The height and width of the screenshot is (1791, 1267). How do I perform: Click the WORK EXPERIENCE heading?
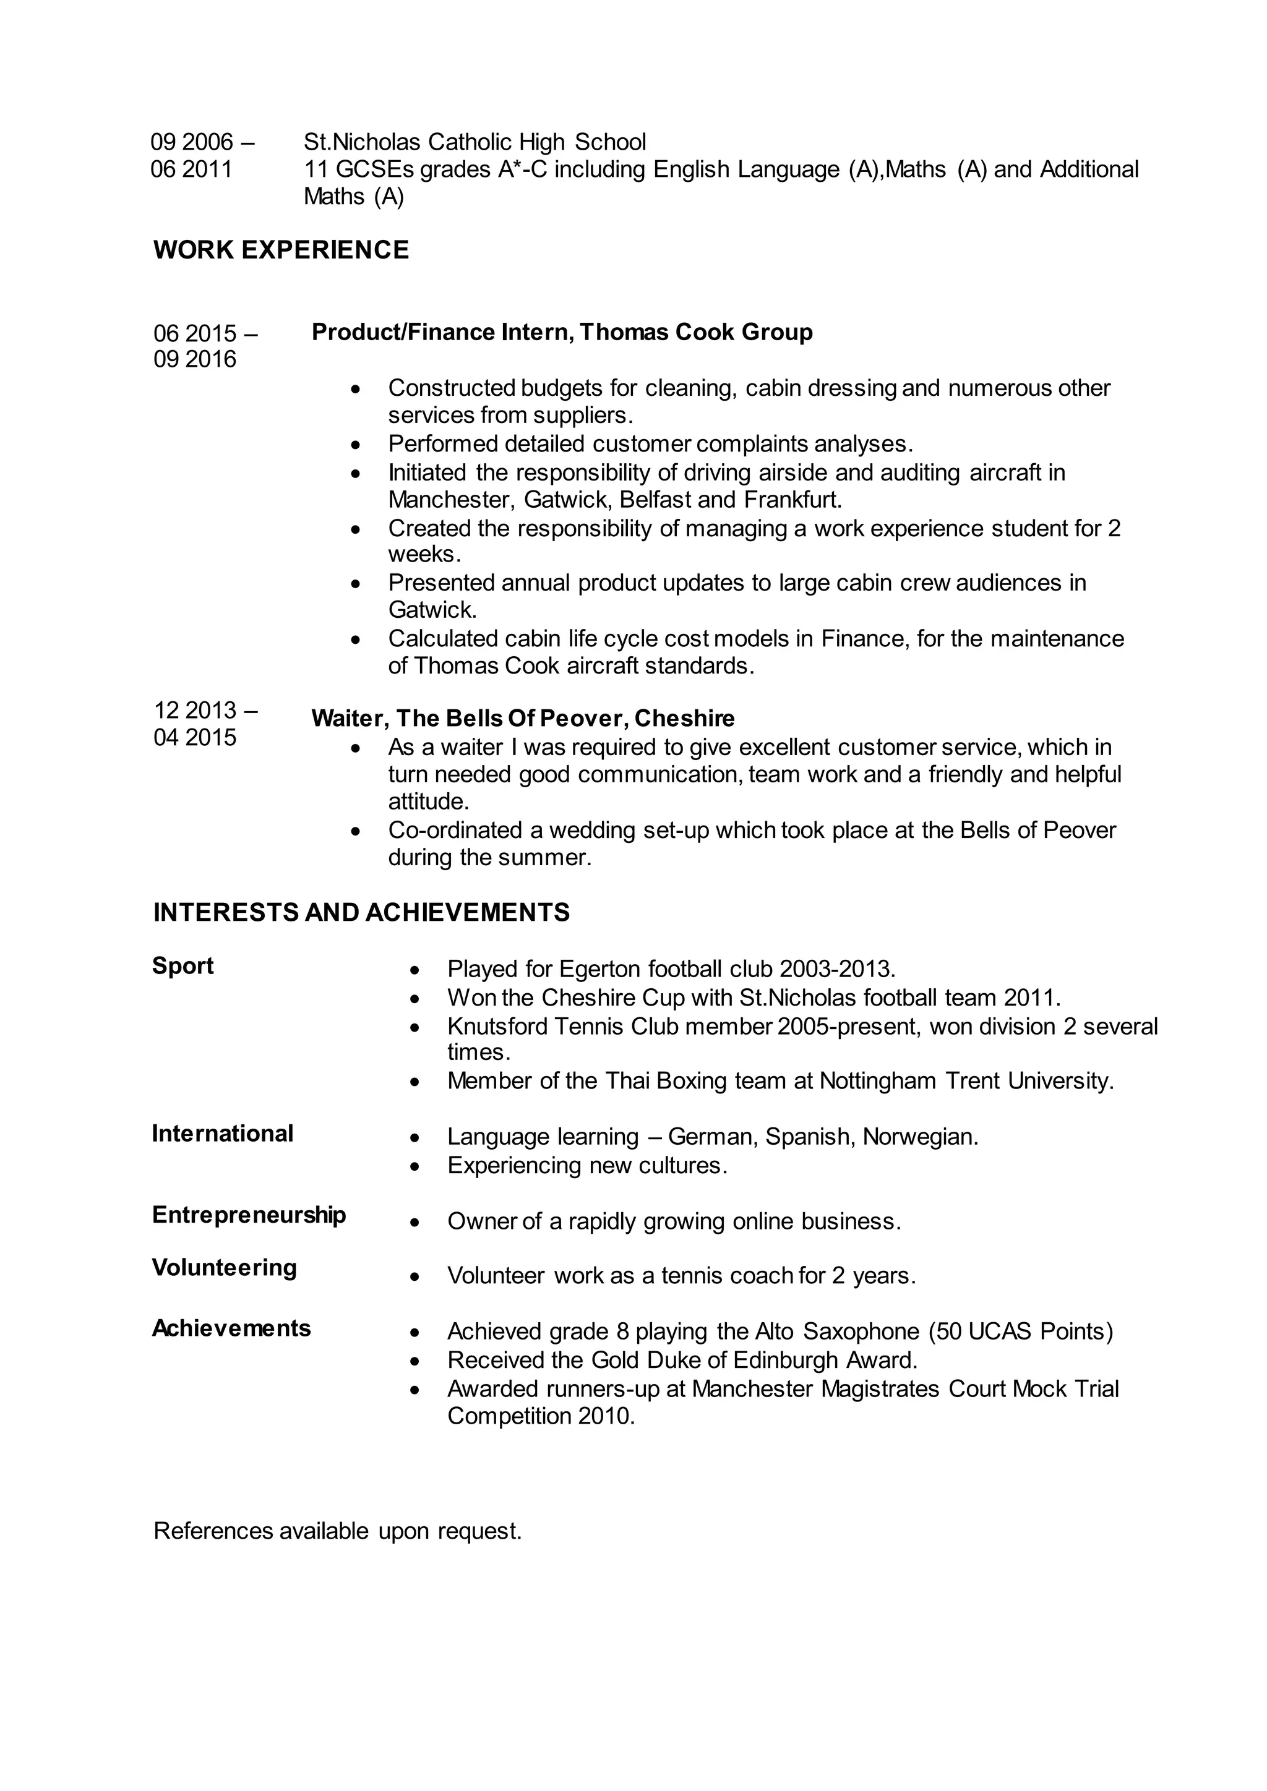click(x=281, y=250)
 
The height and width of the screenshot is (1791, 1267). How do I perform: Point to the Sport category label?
click(x=183, y=966)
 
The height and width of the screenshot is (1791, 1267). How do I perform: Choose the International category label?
click(x=222, y=1134)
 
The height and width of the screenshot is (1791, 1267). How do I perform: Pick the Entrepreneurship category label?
click(x=249, y=1215)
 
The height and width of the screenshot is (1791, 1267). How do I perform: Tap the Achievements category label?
click(x=231, y=1328)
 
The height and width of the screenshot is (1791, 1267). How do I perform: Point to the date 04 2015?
click(x=195, y=737)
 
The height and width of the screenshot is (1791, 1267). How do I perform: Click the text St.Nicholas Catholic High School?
click(x=475, y=142)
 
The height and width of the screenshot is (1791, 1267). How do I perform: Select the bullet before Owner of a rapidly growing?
click(x=415, y=1222)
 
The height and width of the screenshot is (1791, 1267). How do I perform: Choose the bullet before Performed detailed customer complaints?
click(x=356, y=445)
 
